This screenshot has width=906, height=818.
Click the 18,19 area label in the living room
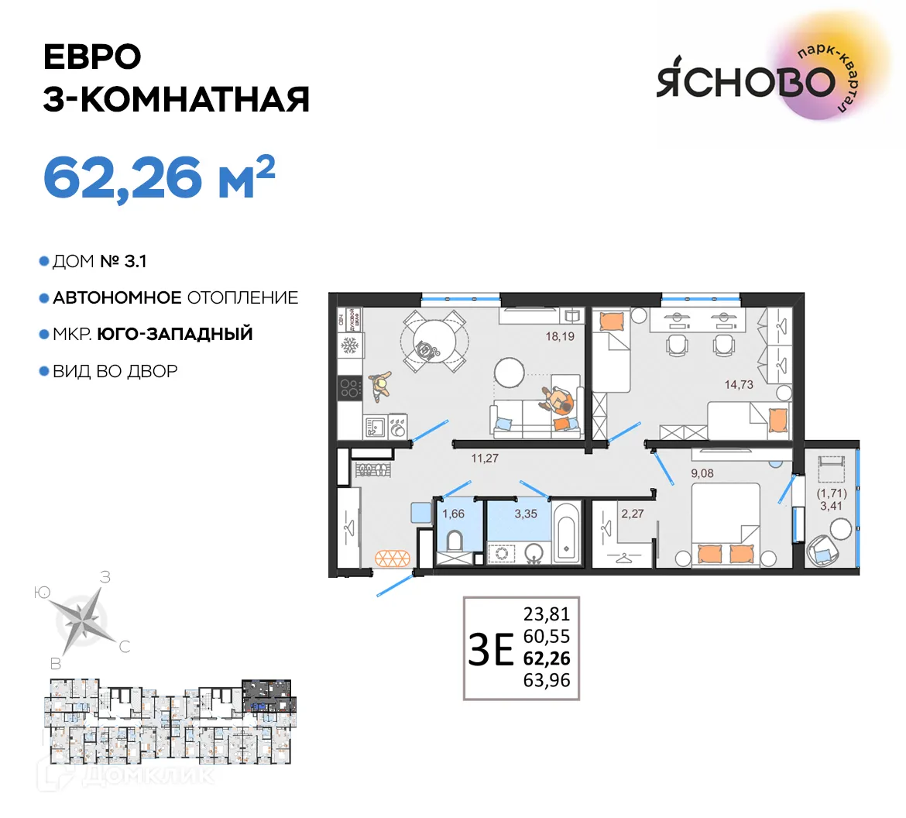coord(560,336)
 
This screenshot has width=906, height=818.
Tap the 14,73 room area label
coord(738,384)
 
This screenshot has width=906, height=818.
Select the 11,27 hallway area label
coord(485,458)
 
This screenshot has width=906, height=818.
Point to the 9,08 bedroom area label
coord(702,473)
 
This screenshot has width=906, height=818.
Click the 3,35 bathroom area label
coord(525,514)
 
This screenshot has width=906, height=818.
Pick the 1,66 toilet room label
coord(453,514)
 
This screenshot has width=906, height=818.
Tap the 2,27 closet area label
coord(632,514)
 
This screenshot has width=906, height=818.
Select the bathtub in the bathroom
coord(567,534)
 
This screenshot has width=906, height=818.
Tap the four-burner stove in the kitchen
coord(349,387)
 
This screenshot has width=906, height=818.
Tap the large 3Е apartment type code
coord(491,649)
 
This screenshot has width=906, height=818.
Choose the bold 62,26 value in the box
coord(547,658)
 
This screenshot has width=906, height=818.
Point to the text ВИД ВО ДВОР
coord(115,371)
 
